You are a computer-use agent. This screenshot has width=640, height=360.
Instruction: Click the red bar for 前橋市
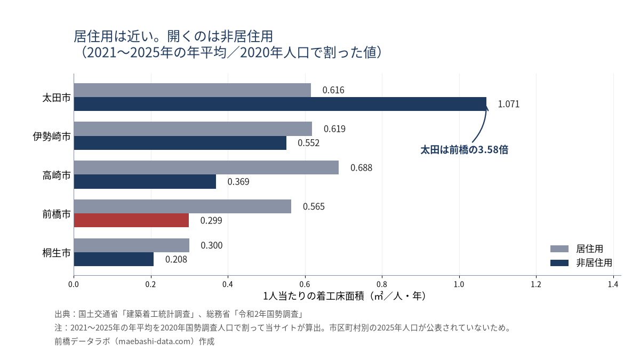click(131, 220)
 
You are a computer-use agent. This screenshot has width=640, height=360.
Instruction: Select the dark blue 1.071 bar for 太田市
click(280, 104)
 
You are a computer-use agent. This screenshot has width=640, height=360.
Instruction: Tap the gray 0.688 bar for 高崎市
click(206, 167)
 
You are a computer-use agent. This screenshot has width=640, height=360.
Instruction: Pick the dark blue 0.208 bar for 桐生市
click(114, 259)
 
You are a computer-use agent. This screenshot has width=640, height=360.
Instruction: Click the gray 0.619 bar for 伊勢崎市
click(193, 129)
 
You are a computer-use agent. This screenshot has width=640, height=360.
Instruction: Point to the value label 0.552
click(309, 143)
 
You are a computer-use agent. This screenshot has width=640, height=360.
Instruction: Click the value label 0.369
click(238, 182)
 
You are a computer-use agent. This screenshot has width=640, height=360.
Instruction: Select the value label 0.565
click(314, 206)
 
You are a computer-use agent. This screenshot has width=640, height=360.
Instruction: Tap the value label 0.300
click(211, 245)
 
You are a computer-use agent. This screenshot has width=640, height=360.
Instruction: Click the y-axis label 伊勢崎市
click(52, 137)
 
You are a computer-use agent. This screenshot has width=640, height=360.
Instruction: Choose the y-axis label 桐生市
click(57, 253)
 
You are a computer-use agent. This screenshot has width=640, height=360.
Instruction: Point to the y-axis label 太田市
click(57, 98)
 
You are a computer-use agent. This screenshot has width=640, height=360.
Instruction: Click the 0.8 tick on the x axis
click(382, 284)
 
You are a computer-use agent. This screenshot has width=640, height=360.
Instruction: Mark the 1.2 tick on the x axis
click(536, 284)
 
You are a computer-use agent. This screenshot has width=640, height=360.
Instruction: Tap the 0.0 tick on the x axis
click(74, 284)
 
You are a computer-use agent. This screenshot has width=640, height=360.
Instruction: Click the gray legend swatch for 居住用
click(559, 249)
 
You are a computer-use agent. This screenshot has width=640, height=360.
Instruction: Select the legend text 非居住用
click(594, 263)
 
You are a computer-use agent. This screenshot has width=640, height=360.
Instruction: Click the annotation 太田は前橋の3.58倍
click(465, 150)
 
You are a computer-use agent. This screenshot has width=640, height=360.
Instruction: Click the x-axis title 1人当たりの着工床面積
click(314, 297)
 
